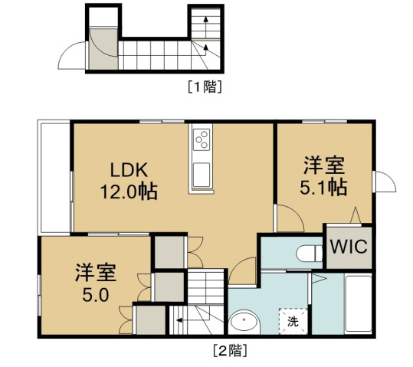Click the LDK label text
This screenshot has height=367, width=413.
pos(129,170)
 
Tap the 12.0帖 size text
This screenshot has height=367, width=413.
pos(129,192)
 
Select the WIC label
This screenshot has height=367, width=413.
pos(349,247)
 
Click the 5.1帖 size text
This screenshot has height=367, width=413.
pos(323,187)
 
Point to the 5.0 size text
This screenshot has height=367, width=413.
pos(95,294)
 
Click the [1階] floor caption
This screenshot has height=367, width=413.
pos(205,87)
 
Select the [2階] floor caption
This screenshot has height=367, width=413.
pos(230,350)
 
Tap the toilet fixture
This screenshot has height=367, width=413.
pos(310,254)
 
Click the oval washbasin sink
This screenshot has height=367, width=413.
pos(244,322)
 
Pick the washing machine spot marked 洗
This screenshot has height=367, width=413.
pos(293,322)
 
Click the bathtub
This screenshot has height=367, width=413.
pos(358,303)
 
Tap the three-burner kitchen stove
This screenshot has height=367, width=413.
pos(202,139)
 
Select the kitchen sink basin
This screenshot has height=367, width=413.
pos(202,175)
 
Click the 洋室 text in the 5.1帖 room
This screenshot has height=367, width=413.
pos(324,165)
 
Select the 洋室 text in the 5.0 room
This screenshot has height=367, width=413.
pos(95,272)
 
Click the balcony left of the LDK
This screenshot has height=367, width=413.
pos(54,176)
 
